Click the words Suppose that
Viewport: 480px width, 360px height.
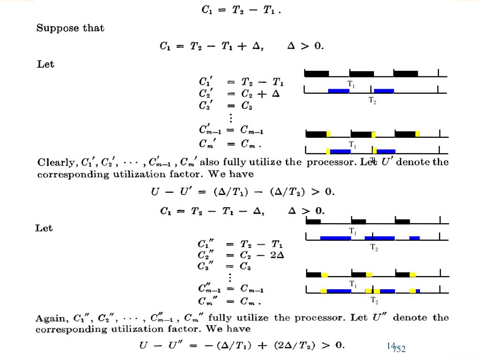(x=70, y=28)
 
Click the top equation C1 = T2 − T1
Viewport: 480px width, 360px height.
(x=241, y=9)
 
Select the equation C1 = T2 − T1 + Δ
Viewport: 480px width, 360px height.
(x=211, y=46)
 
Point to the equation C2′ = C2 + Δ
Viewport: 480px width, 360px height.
(x=240, y=93)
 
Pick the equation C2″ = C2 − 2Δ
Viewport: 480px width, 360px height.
(x=241, y=255)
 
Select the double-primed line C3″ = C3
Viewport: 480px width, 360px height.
(x=225, y=267)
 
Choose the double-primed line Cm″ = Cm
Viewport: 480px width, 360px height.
(x=230, y=300)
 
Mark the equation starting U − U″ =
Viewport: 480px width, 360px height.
(x=242, y=346)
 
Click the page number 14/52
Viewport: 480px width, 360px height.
(x=396, y=347)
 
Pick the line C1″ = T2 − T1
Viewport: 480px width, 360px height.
(x=240, y=244)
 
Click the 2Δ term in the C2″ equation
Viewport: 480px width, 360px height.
(x=277, y=255)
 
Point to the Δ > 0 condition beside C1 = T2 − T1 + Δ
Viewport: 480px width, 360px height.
(x=305, y=46)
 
